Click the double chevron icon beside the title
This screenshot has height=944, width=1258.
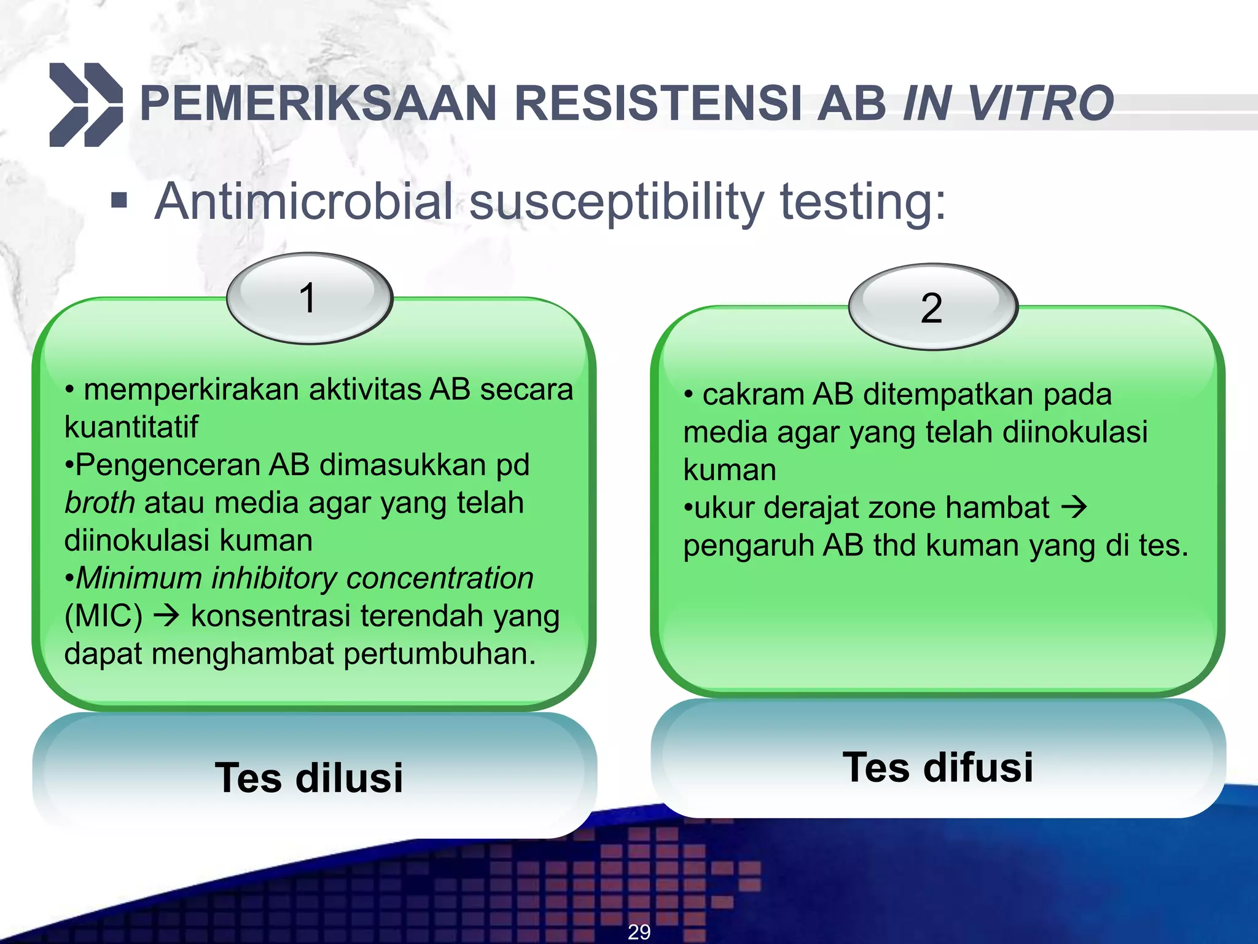85,104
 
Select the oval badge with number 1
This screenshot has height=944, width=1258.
309,298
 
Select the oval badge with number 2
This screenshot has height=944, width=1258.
932,307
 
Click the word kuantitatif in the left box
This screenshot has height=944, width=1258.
131,427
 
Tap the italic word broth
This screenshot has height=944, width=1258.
100,503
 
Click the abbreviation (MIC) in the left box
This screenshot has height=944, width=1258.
103,616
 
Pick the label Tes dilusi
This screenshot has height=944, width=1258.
309,778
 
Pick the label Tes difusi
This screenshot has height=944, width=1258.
938,767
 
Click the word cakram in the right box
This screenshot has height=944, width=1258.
753,395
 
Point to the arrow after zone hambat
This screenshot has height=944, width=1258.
1074,508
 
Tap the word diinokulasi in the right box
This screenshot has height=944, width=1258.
1075,432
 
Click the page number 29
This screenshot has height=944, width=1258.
639,932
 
